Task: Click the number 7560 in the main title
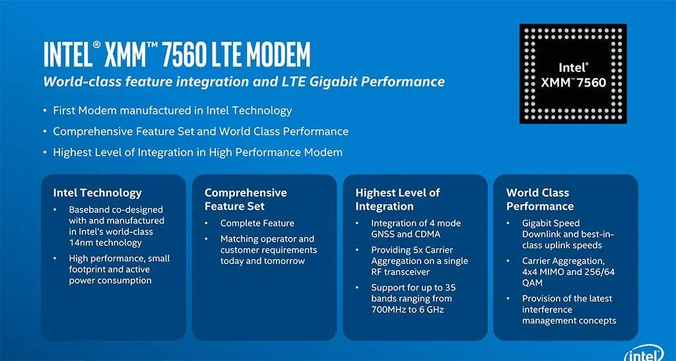pos(185,54)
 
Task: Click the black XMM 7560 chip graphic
pos(573,74)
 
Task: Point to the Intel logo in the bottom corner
pos(644,354)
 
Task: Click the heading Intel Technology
pos(98,193)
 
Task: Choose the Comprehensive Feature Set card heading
pos(246,199)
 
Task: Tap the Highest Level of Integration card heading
pos(397,199)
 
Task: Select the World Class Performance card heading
pos(540,199)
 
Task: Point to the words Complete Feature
pos(257,223)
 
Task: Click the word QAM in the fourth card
pos(532,283)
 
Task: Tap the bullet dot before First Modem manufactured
pos(45,111)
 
